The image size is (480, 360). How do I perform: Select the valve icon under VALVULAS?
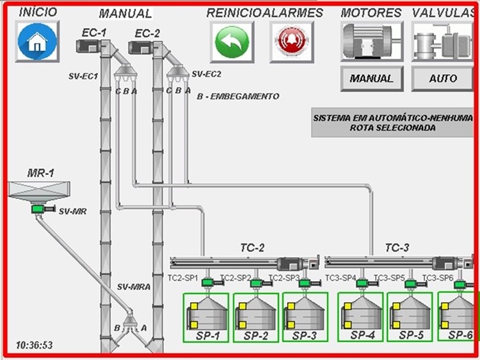click(x=442, y=42)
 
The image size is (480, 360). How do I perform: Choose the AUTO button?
click(x=442, y=78)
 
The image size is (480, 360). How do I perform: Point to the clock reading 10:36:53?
click(x=34, y=345)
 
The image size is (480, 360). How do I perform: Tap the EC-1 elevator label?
click(x=93, y=32)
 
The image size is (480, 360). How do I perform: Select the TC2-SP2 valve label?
click(x=234, y=278)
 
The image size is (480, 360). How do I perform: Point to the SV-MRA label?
click(x=133, y=287)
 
